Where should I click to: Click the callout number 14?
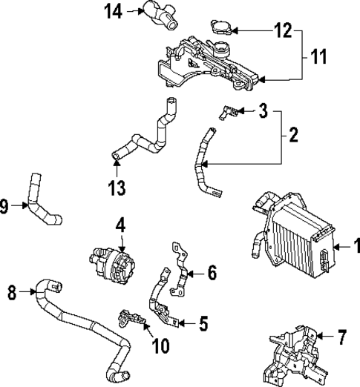point(113,10)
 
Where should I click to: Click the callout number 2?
point(293,135)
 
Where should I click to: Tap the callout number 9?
point(6,207)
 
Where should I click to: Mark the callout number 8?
point(11,293)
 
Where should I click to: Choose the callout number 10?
point(160,345)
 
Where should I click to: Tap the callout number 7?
point(341,339)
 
